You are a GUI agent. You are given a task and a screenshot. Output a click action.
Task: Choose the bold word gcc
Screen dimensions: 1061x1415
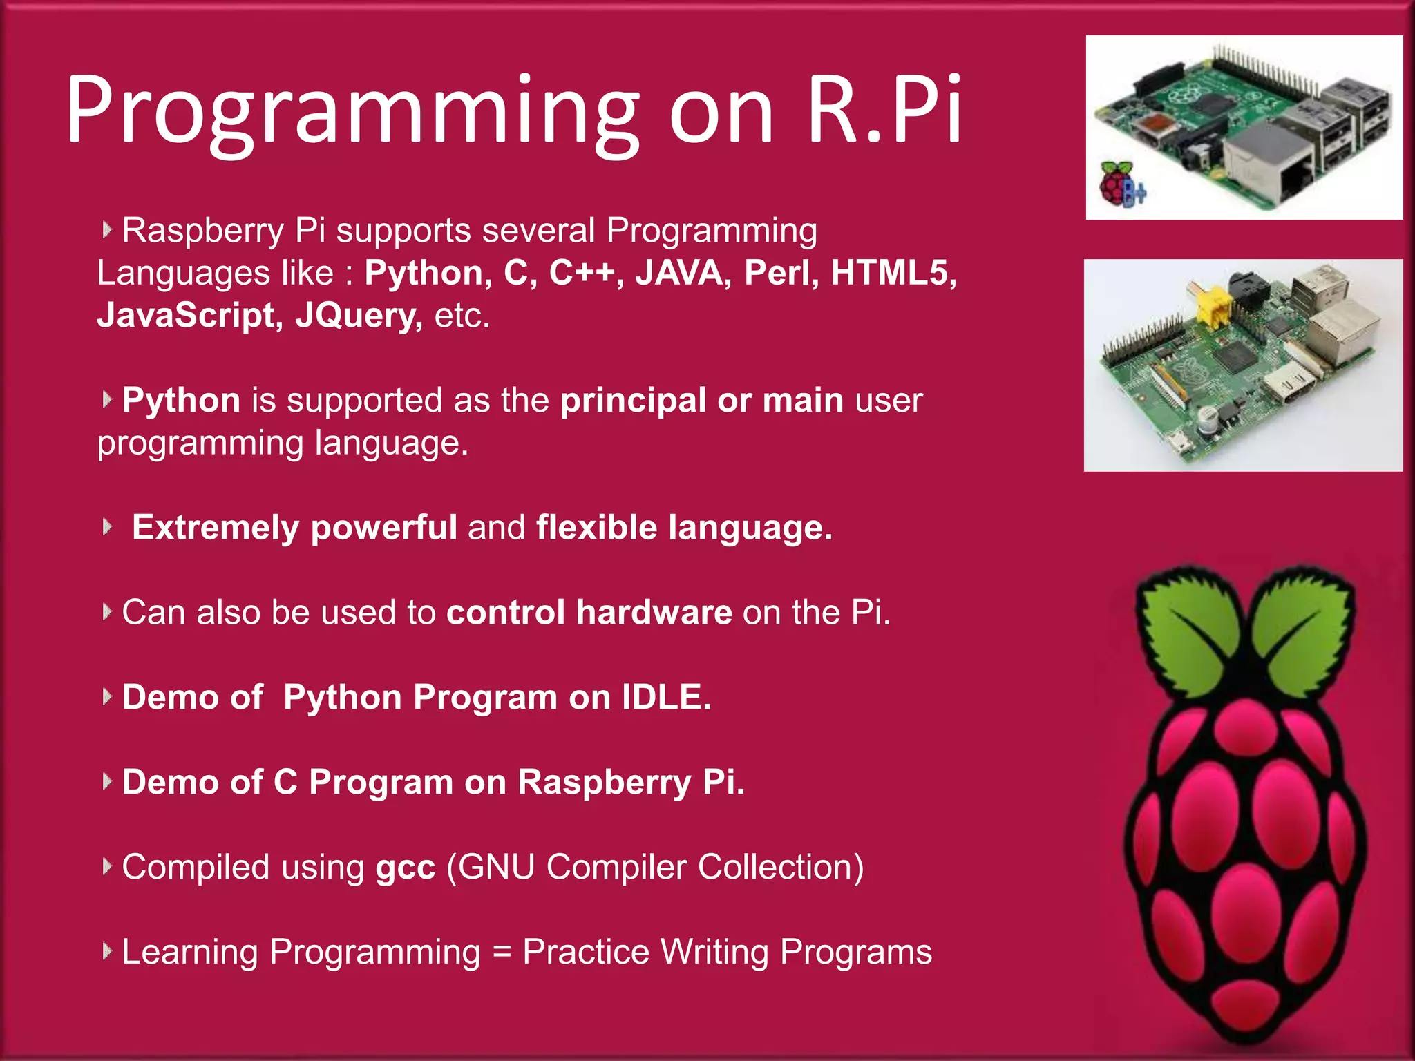pyautogui.click(x=405, y=868)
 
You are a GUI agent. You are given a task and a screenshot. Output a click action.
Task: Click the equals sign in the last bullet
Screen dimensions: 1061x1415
pyautogui.click(x=502, y=953)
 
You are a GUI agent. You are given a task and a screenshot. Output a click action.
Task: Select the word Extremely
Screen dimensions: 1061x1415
pyautogui.click(x=215, y=528)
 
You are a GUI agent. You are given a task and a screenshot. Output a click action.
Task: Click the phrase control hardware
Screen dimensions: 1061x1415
pyautogui.click(x=589, y=613)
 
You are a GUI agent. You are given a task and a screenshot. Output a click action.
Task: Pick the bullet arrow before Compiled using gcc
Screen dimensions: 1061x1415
pyautogui.click(x=106, y=866)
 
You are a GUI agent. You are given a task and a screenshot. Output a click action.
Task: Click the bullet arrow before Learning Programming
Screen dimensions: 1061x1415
pyautogui.click(x=106, y=951)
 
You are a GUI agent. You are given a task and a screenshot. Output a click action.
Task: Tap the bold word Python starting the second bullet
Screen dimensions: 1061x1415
pyautogui.click(x=181, y=401)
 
